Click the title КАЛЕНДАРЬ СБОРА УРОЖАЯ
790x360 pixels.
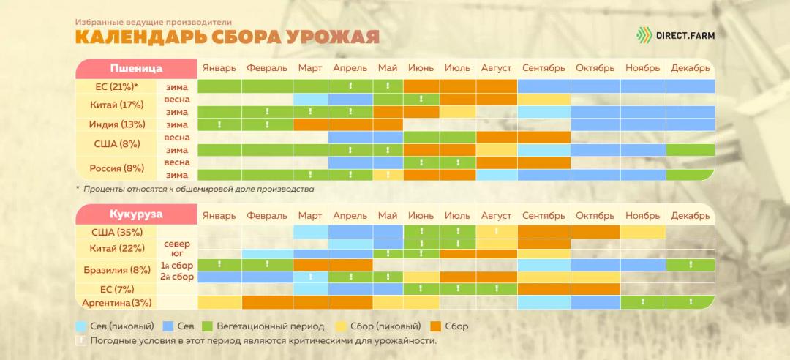pos(227,36)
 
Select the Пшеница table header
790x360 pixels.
pos(136,68)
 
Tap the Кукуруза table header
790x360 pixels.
pos(136,215)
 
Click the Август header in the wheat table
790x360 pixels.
pos(496,68)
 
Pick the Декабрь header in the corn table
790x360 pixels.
pos(690,216)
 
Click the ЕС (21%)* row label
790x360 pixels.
pos(117,86)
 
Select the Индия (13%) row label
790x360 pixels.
pos(117,124)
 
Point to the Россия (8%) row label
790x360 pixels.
pos(117,168)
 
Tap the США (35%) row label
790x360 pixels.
pos(117,232)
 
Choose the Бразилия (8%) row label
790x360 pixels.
pos(117,270)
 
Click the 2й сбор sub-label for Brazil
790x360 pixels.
pos(177,277)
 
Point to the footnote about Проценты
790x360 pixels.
pos(197,189)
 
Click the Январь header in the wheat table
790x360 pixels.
pos(219,68)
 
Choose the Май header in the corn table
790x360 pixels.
pos(388,216)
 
